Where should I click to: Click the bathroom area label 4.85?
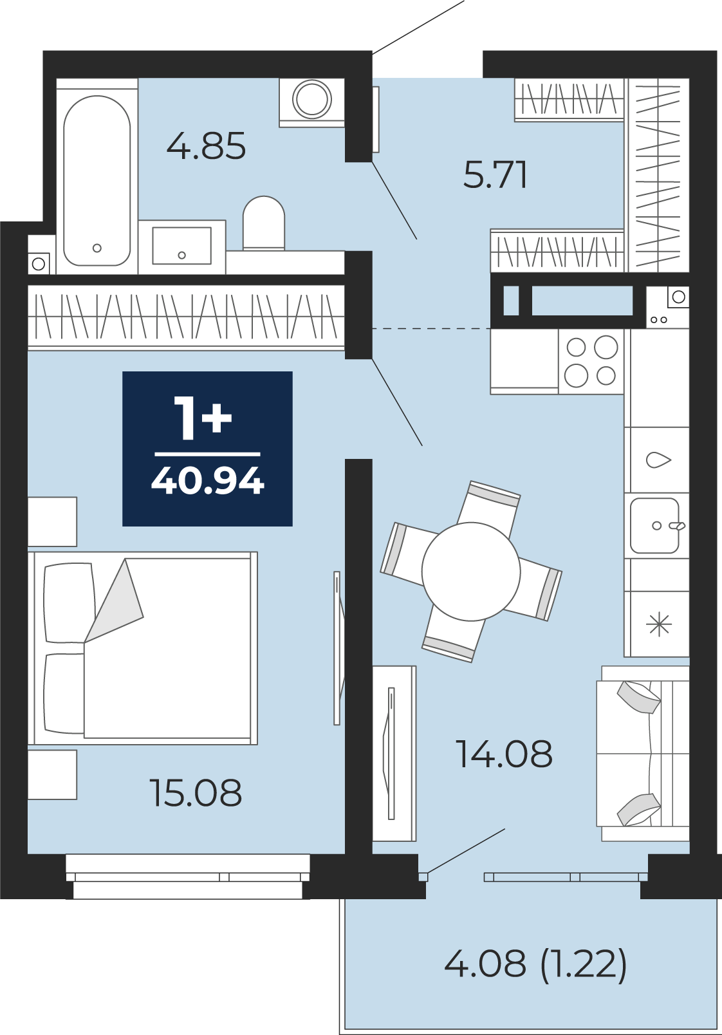pyautogui.click(x=206, y=146)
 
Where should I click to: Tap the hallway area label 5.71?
pyautogui.click(x=495, y=175)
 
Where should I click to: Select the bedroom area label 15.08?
pyautogui.click(x=196, y=793)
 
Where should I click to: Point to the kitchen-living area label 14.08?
pyautogui.click(x=504, y=754)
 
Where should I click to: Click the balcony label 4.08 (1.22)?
pyautogui.click(x=535, y=964)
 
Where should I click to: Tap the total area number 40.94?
pyautogui.click(x=207, y=481)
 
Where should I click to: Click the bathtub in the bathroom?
pyautogui.click(x=97, y=181)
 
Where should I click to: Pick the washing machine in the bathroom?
pyautogui.click(x=312, y=102)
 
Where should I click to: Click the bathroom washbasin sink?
pyautogui.click(x=181, y=246)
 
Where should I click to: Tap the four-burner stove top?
pyautogui.click(x=591, y=361)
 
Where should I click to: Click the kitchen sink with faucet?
pyautogui.click(x=656, y=525)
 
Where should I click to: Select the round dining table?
pyautogui.click(x=470, y=572)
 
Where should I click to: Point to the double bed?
pyautogui.click(x=143, y=648)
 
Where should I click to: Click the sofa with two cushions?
pyautogui.click(x=643, y=753)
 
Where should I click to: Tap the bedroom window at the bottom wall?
pyautogui.click(x=188, y=877)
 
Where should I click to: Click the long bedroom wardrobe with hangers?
pyautogui.click(x=186, y=317)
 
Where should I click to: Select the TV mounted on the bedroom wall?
pyautogui.click(x=338, y=648)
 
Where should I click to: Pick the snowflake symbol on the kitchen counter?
pyautogui.click(x=659, y=625)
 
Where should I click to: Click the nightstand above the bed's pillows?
pyautogui.click(x=52, y=521)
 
